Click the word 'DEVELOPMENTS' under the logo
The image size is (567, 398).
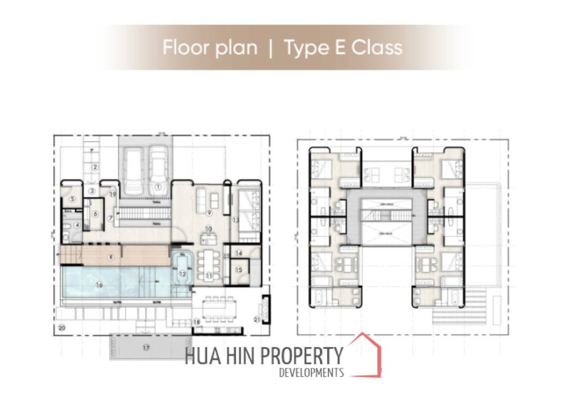coord(311,373)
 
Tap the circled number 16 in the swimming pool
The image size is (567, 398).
coord(98,285)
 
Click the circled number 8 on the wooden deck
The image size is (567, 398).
coord(111,256)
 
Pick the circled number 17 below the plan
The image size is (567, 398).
coord(146,348)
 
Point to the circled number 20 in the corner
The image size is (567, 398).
coord(61,328)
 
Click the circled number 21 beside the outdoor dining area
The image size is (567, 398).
coord(256,318)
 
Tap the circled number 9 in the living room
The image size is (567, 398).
coord(209,213)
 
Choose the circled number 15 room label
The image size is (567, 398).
coord(239,270)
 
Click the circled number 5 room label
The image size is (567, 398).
coord(72,199)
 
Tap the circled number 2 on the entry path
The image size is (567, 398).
coord(95,167)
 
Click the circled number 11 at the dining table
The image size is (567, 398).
coord(209,275)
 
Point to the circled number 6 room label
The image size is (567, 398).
coord(95,215)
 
